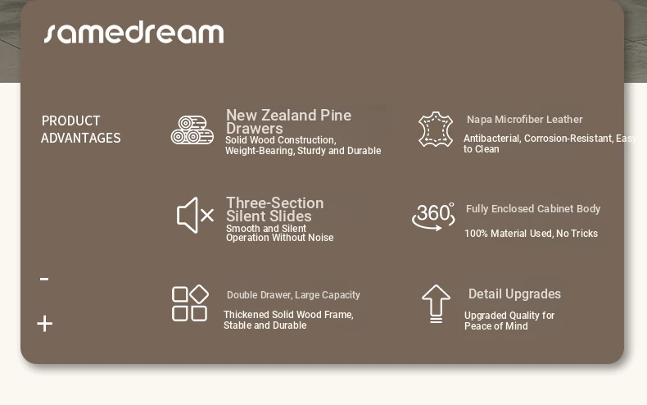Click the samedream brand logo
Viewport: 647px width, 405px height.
point(134,33)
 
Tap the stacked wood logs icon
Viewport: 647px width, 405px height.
point(192,130)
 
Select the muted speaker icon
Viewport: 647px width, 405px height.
point(195,215)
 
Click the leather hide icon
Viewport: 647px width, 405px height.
point(436,130)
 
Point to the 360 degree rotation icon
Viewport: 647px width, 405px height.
point(433,216)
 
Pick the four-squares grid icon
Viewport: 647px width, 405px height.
point(190,303)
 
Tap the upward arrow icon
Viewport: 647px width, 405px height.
point(437,303)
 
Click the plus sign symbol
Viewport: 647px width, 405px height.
point(44,324)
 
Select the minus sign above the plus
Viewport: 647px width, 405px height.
point(44,280)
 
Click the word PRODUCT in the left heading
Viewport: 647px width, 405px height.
point(71,121)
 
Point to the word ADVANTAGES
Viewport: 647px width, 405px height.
point(81,138)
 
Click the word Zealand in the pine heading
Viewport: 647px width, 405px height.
point(289,115)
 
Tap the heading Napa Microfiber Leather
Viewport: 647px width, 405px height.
point(524,120)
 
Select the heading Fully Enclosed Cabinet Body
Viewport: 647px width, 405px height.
point(533,209)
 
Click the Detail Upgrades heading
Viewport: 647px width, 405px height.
point(514,294)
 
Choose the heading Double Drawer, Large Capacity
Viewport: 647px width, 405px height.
point(293,295)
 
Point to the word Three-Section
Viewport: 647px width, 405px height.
point(275,203)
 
